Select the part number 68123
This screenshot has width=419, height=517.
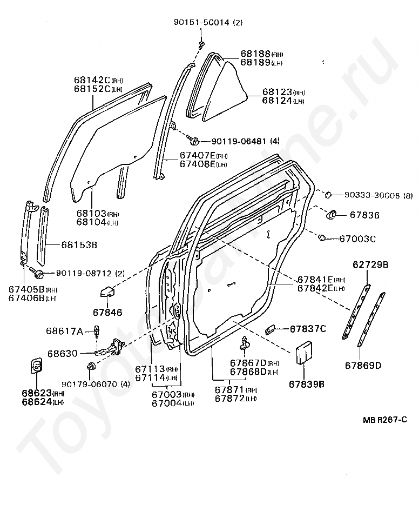[277, 92]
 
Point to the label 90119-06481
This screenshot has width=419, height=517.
[238, 141]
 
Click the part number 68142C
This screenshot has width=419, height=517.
[92, 80]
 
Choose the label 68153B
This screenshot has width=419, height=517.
[79, 245]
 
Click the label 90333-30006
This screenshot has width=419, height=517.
[368, 195]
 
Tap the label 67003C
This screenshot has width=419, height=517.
[357, 238]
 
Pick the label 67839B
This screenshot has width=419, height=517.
[306, 385]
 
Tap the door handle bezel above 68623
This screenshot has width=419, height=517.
[35, 367]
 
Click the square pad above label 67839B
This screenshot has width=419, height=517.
[304, 352]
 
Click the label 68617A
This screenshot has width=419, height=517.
[64, 330]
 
